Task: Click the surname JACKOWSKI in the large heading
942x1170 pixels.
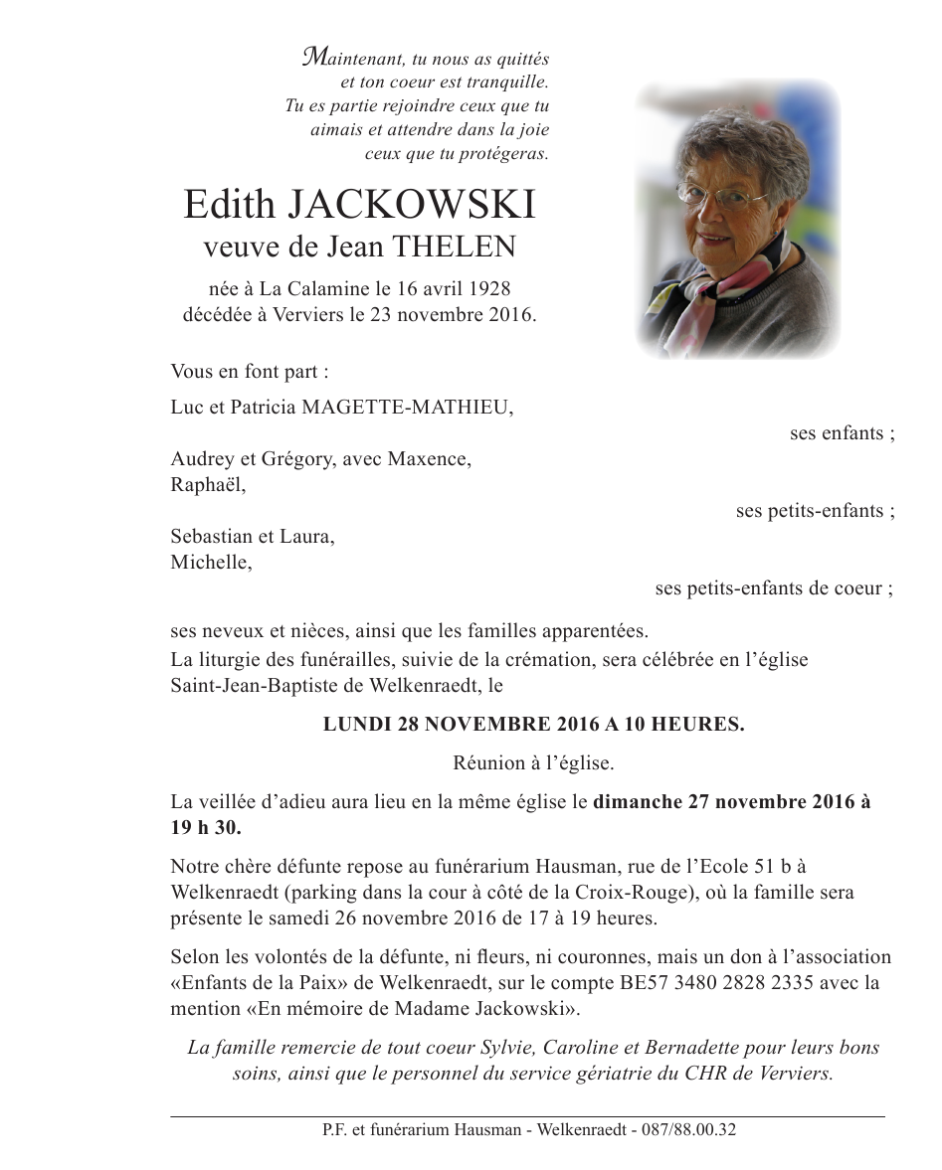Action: pos(412,205)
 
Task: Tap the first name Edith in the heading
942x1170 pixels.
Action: pos(229,205)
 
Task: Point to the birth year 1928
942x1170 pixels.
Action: pos(487,289)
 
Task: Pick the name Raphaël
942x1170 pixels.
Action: pos(207,485)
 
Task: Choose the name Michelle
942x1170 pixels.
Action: pos(211,563)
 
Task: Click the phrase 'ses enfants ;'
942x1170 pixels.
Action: pos(842,433)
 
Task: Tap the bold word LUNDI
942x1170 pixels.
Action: pos(358,725)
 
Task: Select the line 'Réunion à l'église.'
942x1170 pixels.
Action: pos(533,763)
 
